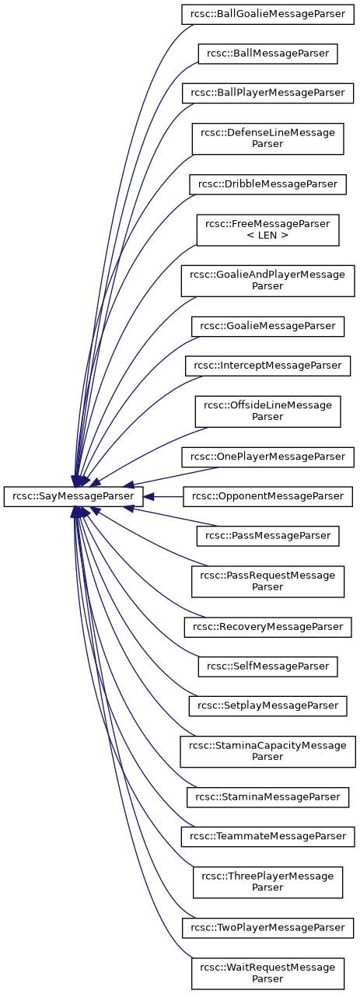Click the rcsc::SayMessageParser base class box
point(73,496)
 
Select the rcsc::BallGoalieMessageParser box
point(267,14)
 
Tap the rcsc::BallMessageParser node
point(267,54)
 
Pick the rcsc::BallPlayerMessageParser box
point(267,93)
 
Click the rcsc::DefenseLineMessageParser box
point(267,139)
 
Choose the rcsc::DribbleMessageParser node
point(267,184)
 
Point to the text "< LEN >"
point(267,235)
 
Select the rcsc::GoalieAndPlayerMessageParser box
point(267,281)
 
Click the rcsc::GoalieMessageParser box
point(267,326)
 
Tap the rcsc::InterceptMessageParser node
point(267,366)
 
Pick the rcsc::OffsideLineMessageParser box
point(267,411)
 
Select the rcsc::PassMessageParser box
point(267,536)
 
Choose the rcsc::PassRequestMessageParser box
point(267,581)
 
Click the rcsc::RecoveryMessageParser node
point(267,627)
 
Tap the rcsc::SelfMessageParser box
point(267,667)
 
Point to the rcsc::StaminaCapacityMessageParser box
point(267,751)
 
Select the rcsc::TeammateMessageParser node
point(267,836)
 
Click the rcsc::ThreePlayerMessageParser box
point(267,882)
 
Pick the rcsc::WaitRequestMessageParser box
point(267,974)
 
